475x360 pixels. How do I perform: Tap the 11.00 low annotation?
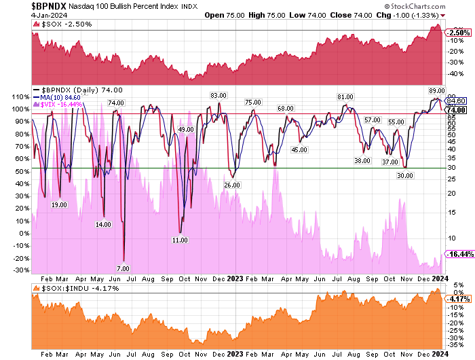pos(180,240)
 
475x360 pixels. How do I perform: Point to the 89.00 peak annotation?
pos(436,90)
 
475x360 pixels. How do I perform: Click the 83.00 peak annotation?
pos(218,95)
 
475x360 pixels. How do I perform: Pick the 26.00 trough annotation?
pos(232,184)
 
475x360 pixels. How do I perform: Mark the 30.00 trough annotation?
pos(405,175)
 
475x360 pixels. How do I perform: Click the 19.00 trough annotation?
pos(59,204)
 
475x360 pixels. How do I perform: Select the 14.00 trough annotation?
pos(103,224)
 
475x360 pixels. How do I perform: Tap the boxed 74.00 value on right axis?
pos(455,110)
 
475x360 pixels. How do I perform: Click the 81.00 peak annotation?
pos(345,97)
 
